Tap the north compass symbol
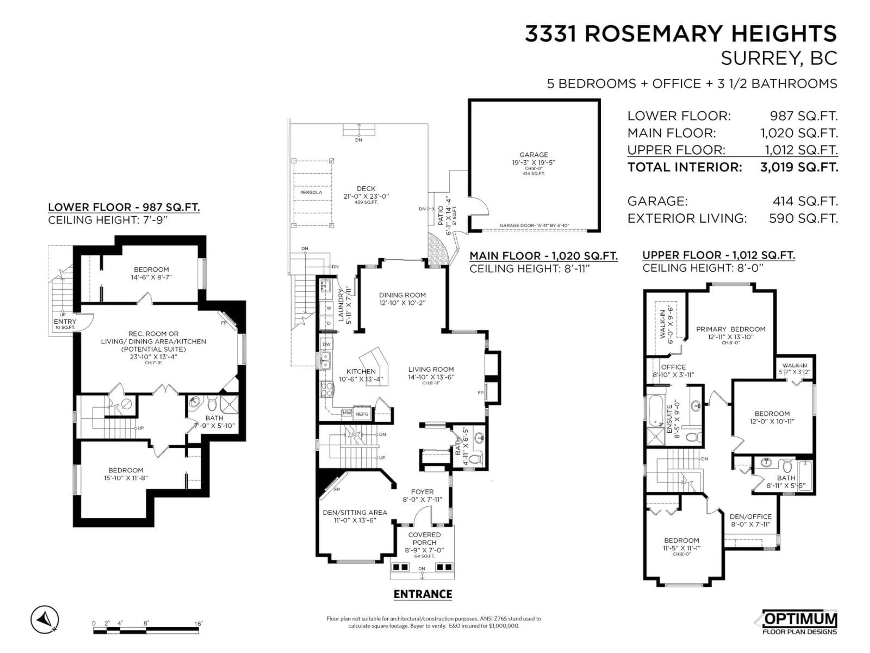pos(45,619)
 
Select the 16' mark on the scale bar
pos(199,624)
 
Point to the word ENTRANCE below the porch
pos(423,594)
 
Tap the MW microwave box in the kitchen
pos(346,413)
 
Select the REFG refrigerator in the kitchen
pos(362,414)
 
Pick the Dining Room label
pos(402,295)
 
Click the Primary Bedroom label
pos(730,329)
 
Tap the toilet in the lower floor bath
pos(212,403)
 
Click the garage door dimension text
pos(534,226)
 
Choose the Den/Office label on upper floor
pos(750,517)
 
